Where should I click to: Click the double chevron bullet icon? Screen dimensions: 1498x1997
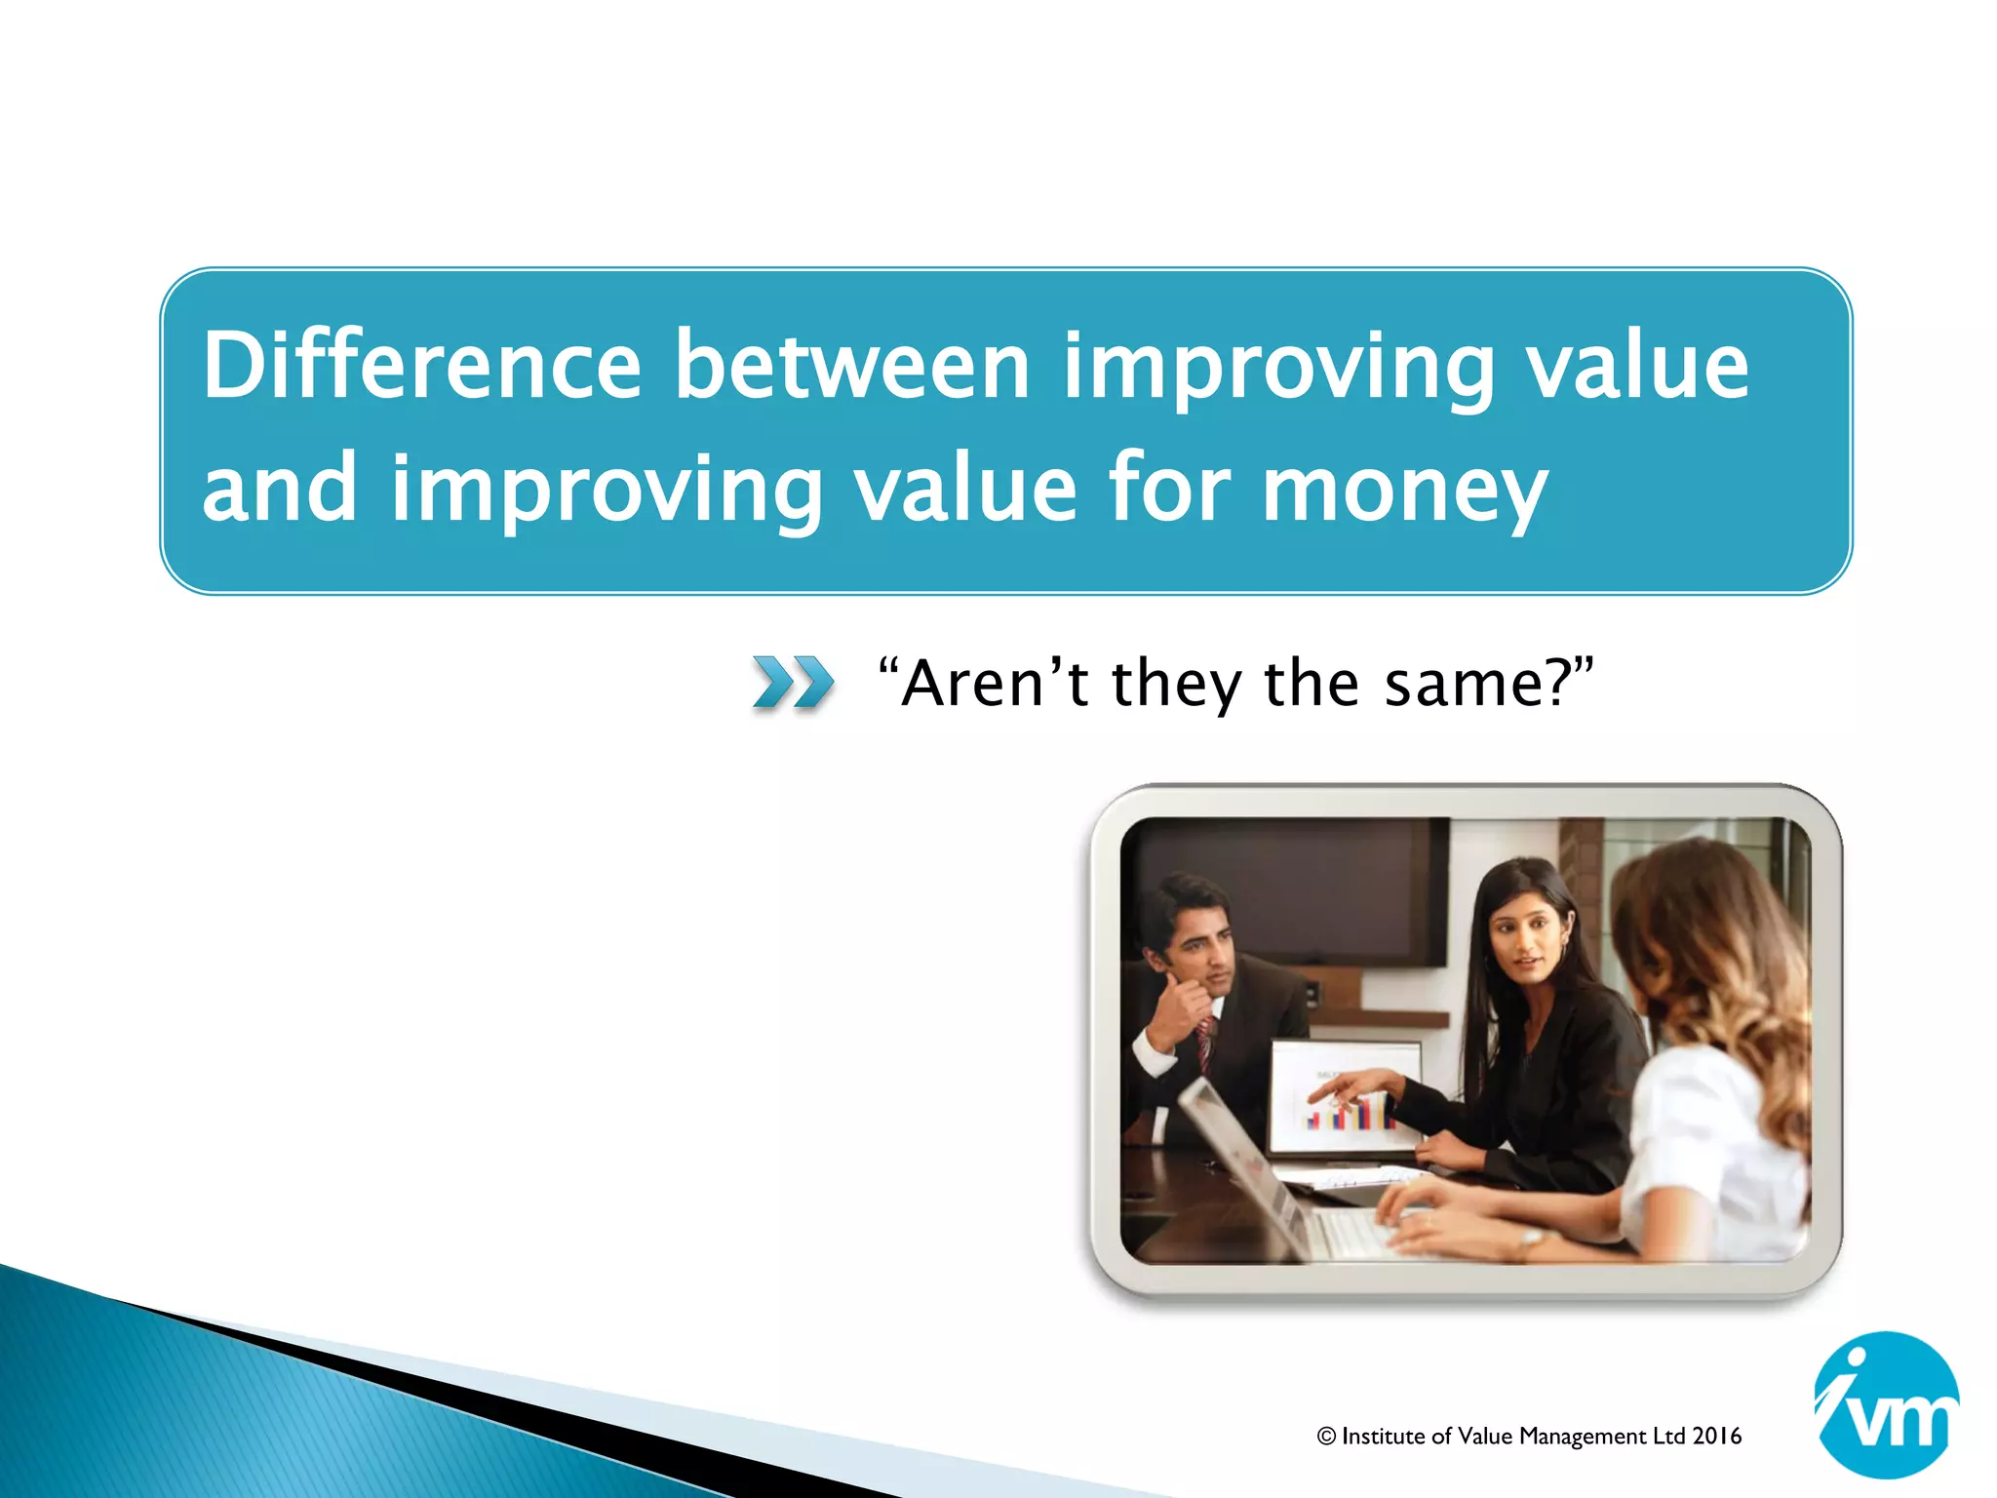[793, 682]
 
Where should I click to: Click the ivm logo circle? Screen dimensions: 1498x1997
[1886, 1404]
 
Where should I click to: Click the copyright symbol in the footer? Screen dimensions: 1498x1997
[1326, 1437]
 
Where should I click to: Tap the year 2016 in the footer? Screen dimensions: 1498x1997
[1717, 1436]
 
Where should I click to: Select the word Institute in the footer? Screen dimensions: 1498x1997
[1384, 1437]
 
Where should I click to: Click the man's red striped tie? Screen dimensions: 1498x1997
[1205, 1042]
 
